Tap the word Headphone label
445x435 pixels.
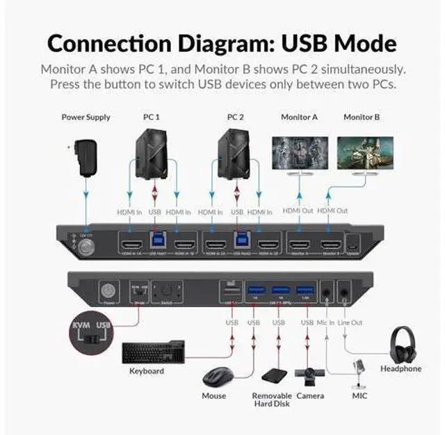400,368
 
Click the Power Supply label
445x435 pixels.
86,117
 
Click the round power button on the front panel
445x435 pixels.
108,291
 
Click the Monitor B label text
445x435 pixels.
362,117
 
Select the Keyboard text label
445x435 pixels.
147,371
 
